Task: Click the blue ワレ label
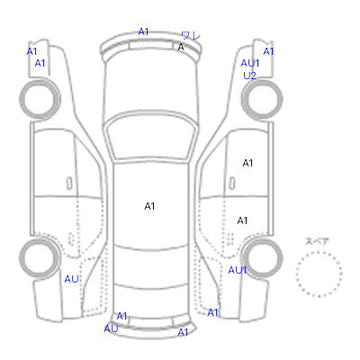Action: (191, 36)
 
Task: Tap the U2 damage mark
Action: (249, 76)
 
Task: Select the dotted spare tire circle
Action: (319, 274)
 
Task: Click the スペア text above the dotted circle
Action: (317, 241)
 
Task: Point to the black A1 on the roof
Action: (149, 206)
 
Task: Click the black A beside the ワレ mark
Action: (181, 47)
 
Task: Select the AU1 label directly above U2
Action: (250, 63)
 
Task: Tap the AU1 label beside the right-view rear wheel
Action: (238, 270)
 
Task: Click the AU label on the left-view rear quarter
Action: (71, 279)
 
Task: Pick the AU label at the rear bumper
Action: (111, 328)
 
